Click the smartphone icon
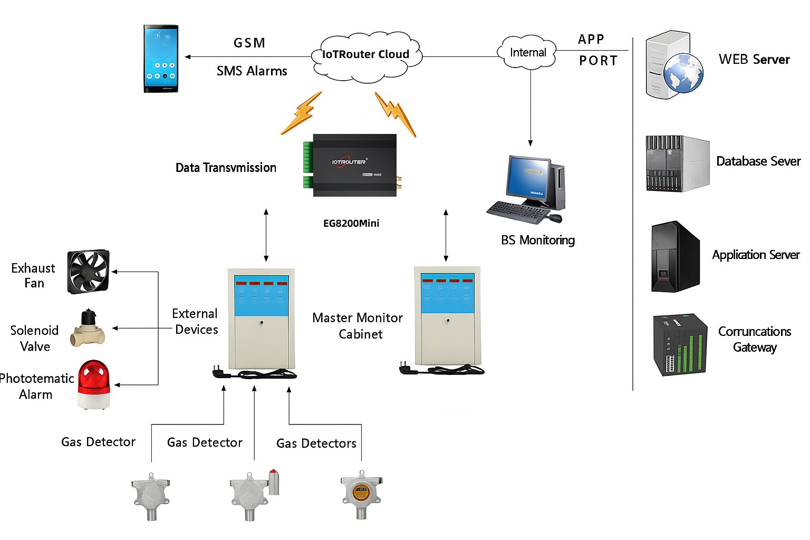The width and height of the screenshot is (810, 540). pyautogui.click(x=161, y=59)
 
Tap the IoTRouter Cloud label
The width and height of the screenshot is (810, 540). pyautogui.click(x=365, y=54)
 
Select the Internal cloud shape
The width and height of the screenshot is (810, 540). pyautogui.click(x=527, y=53)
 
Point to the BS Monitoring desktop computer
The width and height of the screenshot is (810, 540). pyautogui.click(x=527, y=190)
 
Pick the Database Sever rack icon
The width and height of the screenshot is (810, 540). pyautogui.click(x=677, y=163)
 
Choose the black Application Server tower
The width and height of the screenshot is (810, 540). pyautogui.click(x=675, y=257)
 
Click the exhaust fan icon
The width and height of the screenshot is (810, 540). pyautogui.click(x=88, y=272)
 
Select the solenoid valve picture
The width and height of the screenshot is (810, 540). pyautogui.click(x=88, y=329)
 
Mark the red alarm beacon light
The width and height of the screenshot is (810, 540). pyautogui.click(x=94, y=384)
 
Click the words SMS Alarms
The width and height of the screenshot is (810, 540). pyautogui.click(x=252, y=71)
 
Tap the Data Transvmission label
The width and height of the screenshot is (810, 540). pyautogui.click(x=226, y=168)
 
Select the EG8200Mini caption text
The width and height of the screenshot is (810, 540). pyautogui.click(x=351, y=223)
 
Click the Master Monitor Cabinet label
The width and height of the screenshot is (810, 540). pyautogui.click(x=358, y=326)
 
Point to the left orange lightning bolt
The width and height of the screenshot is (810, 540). pyautogui.click(x=301, y=113)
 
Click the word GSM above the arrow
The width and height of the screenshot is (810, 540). pyautogui.click(x=249, y=43)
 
